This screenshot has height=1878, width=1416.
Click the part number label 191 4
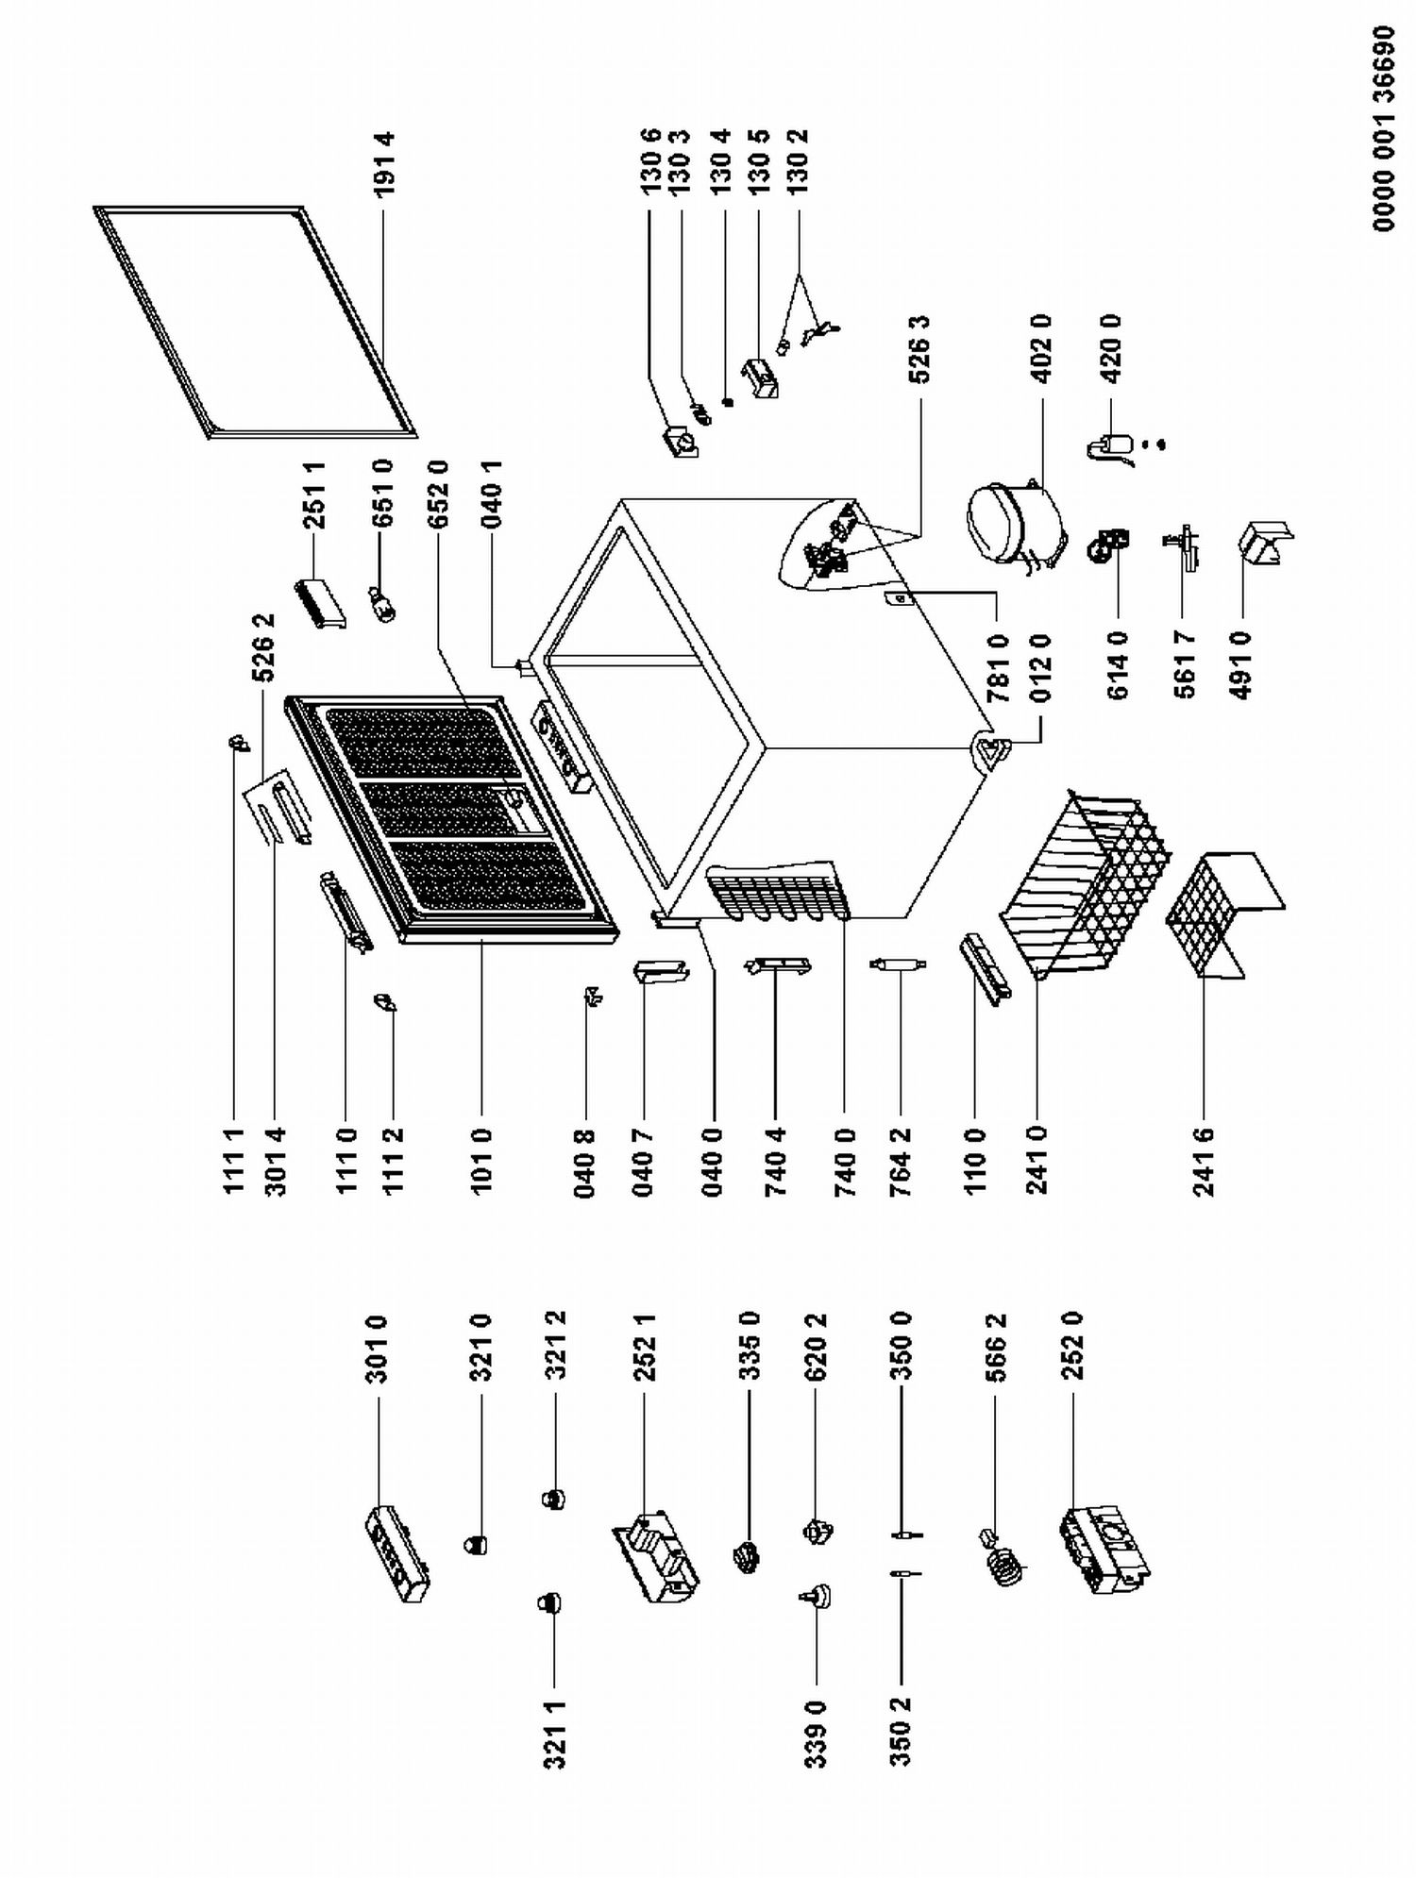[383, 164]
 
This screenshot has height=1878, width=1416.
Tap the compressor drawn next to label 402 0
[1012, 526]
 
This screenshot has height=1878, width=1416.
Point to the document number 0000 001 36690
[1383, 128]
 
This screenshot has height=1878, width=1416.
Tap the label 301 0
[378, 1349]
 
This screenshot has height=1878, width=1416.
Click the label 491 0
[1242, 664]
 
